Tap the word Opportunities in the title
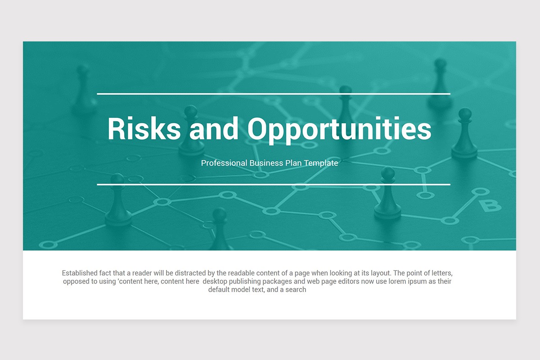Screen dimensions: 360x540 pyautogui.click(x=339, y=130)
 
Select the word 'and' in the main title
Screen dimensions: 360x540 pyautogui.click(x=214, y=129)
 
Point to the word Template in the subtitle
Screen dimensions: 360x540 pyautogui.click(x=321, y=163)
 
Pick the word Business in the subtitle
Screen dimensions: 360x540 pyautogui.click(x=266, y=163)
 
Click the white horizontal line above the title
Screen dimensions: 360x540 pyautogui.click(x=274, y=94)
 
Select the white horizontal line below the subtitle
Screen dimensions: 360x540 pyautogui.click(x=274, y=184)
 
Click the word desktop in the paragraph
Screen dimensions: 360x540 pyautogui.click(x=216, y=281)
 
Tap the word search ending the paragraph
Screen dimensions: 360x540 pyautogui.click(x=295, y=290)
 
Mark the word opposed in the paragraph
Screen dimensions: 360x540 pyautogui.click(x=77, y=281)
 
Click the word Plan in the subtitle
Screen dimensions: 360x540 pyautogui.click(x=292, y=163)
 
